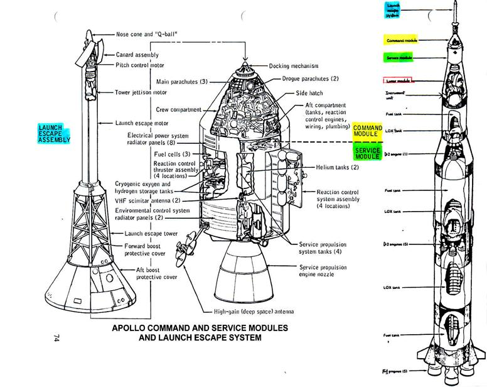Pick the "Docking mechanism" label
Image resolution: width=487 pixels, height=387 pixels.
coord(294,66)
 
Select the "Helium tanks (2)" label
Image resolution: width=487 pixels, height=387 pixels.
coord(338,167)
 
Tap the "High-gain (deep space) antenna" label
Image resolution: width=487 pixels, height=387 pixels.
coord(254,312)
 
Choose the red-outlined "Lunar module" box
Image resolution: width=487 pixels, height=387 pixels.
coord(397,80)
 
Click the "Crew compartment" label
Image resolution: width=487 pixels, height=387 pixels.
coord(176,109)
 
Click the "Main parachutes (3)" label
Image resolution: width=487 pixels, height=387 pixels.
coord(182,82)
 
